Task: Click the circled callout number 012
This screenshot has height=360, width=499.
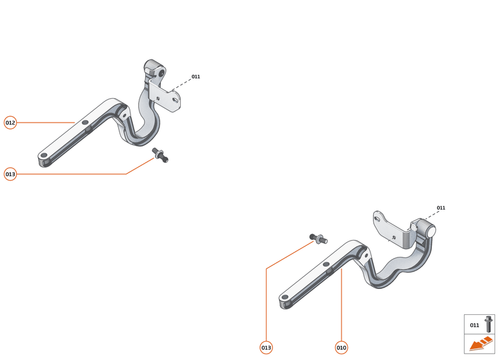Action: [10, 123]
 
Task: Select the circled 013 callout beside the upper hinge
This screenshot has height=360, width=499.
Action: [10, 174]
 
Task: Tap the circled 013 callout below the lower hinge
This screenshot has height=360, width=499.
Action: [266, 348]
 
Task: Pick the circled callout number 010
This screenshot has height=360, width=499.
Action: [341, 348]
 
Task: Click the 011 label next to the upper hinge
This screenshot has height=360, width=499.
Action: [196, 77]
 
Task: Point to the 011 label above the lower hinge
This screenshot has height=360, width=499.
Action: [441, 208]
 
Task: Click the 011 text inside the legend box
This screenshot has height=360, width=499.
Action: [474, 325]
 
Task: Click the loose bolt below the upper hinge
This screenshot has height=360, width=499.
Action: [160, 155]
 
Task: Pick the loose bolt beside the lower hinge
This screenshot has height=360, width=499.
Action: [318, 239]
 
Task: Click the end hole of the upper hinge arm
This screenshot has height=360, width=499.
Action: [43, 156]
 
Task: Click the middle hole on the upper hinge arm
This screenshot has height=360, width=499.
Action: [84, 121]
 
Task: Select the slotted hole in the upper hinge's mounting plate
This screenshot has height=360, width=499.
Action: [176, 101]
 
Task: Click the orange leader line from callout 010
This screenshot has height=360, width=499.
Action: [341, 303]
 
